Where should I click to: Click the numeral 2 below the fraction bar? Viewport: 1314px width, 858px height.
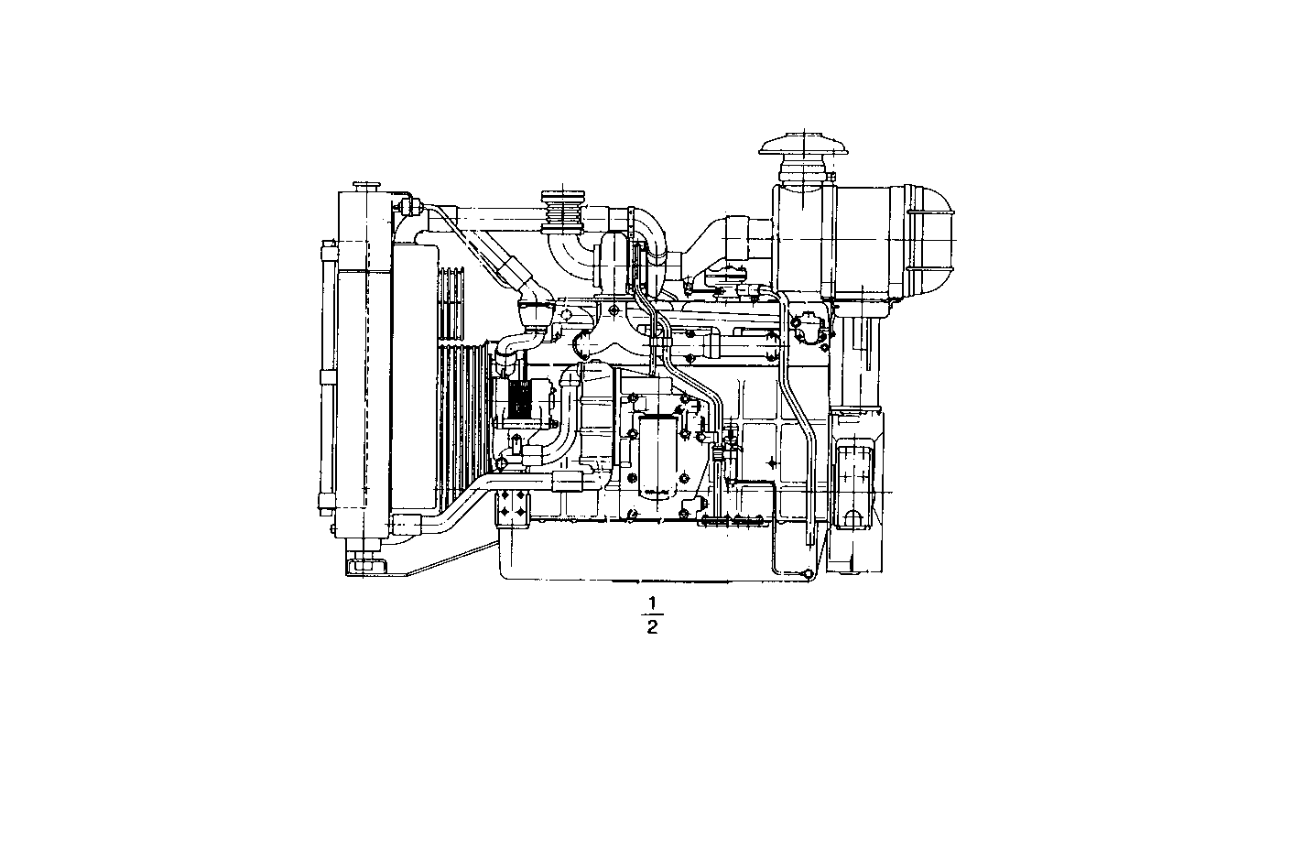click(653, 626)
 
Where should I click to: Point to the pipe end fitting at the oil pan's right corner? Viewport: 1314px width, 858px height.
click(807, 573)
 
